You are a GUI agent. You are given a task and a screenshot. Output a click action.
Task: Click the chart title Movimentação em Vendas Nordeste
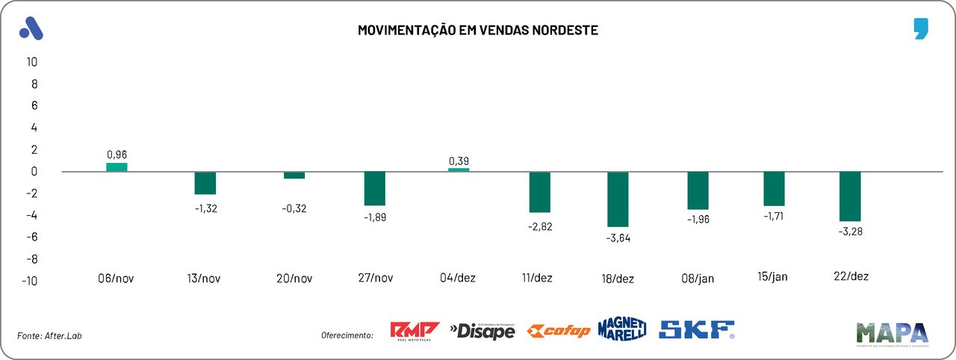tap(478, 31)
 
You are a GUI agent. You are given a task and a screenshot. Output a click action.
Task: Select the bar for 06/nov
tap(117, 167)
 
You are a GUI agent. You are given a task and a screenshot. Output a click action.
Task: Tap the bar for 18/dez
tap(618, 199)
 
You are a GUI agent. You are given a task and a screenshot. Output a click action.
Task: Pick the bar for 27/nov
tap(374, 188)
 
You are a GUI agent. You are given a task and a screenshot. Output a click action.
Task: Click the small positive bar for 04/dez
tap(459, 170)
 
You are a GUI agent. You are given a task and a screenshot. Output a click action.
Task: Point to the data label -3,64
tap(618, 238)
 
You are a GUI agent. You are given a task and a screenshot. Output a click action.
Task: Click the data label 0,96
tap(117, 155)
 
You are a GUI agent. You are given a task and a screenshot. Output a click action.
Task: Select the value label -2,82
tap(539, 226)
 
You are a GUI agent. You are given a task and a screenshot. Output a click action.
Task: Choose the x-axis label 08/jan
tap(698, 279)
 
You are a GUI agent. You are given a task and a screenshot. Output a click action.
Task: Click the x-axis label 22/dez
tap(851, 276)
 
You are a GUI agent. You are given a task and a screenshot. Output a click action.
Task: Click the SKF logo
tap(697, 329)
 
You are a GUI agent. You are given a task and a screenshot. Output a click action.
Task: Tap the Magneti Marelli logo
tap(621, 329)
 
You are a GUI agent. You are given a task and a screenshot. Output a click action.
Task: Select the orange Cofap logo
tap(558, 331)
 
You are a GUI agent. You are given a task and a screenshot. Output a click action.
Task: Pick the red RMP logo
tap(415, 331)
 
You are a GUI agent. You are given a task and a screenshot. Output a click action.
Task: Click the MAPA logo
tap(892, 334)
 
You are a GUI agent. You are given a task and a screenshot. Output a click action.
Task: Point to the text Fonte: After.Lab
tap(49, 336)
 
